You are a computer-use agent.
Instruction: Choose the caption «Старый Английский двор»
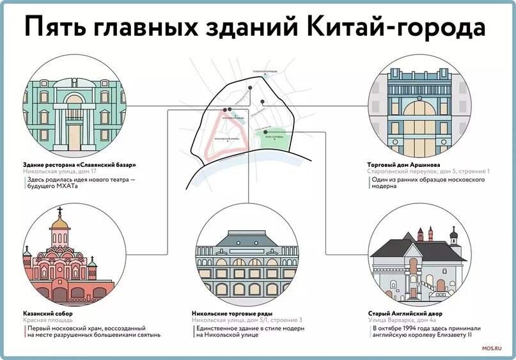[x=405, y=314]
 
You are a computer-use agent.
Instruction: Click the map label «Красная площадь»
[x=233, y=118]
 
